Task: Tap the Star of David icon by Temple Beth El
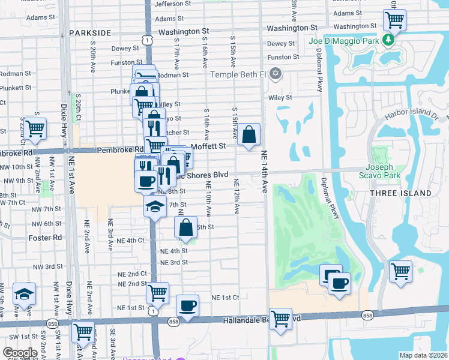click(x=276, y=74)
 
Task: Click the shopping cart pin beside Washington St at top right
click(x=395, y=20)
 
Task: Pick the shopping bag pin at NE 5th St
click(x=185, y=228)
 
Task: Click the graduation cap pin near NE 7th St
click(x=154, y=207)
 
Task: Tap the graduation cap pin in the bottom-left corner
click(x=25, y=293)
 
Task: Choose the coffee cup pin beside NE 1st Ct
click(x=188, y=305)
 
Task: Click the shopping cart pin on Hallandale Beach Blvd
click(x=280, y=319)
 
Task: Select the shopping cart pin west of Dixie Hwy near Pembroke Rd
click(x=35, y=127)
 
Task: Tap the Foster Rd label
click(x=45, y=238)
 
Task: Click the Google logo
click(x=20, y=353)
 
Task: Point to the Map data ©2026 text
click(x=423, y=355)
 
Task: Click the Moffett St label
click(x=208, y=146)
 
